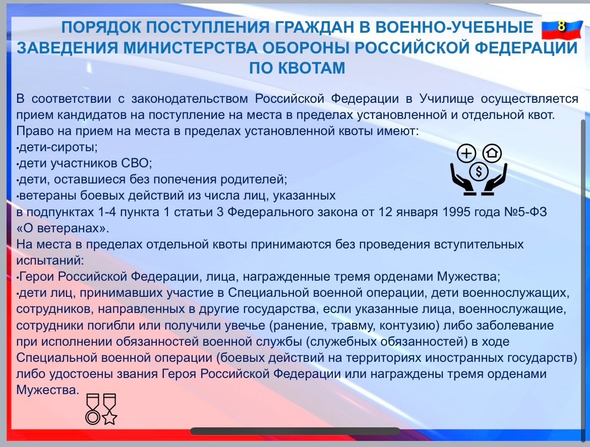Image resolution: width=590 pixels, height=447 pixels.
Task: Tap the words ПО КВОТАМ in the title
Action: (297, 68)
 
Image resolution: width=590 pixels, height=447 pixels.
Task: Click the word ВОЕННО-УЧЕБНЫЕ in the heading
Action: (454, 27)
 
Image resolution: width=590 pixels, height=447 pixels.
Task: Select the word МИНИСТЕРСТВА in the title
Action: (191, 48)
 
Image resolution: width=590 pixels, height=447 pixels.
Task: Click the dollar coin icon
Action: (479, 171)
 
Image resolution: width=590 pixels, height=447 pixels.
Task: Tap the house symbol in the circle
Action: (492, 153)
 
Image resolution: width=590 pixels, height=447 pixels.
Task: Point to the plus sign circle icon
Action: (466, 154)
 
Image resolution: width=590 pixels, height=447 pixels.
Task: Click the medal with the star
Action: (109, 409)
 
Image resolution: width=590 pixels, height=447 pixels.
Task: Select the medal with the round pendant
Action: (93, 409)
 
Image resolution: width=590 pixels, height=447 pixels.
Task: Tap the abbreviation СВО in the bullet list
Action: (136, 163)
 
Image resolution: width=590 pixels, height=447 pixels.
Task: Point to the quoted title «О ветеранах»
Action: (63, 228)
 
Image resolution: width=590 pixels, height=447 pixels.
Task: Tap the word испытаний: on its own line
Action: (50, 261)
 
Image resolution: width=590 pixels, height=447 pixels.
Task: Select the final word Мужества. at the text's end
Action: (48, 390)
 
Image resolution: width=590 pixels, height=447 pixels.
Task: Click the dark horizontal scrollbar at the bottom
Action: (296, 431)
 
